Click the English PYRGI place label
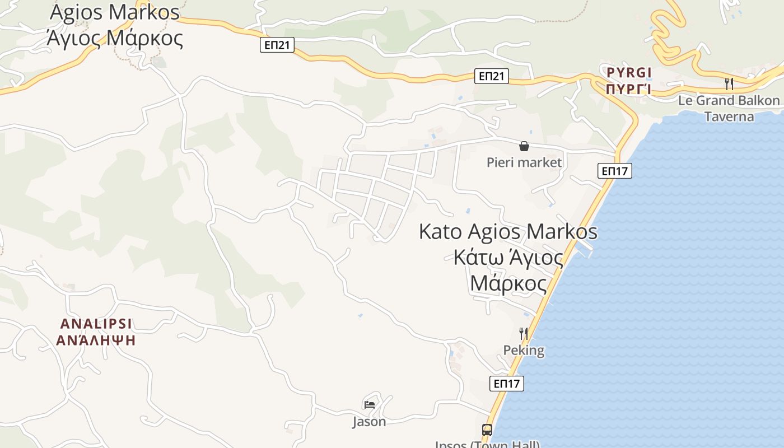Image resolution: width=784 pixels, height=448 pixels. (629, 73)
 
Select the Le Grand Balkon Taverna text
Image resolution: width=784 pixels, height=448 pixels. (729, 109)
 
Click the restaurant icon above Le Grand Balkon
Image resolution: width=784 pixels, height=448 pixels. (729, 83)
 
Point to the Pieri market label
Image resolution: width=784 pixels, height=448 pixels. (524, 162)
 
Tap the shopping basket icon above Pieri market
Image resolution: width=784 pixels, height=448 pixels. (524, 147)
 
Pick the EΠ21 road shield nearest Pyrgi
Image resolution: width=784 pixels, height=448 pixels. (492, 76)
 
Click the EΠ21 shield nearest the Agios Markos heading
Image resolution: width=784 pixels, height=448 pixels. (277, 45)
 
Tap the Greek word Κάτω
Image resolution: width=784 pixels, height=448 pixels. (475, 258)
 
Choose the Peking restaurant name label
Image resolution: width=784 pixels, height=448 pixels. (524, 351)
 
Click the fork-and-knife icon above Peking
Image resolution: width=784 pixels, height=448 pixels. (524, 334)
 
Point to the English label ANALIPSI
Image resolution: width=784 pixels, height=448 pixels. (96, 324)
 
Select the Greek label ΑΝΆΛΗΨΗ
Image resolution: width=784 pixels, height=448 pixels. (96, 340)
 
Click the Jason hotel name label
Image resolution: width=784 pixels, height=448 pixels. (369, 421)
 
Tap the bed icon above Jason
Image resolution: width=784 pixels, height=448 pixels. (369, 404)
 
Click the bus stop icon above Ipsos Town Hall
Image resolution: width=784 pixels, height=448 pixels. (487, 430)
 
